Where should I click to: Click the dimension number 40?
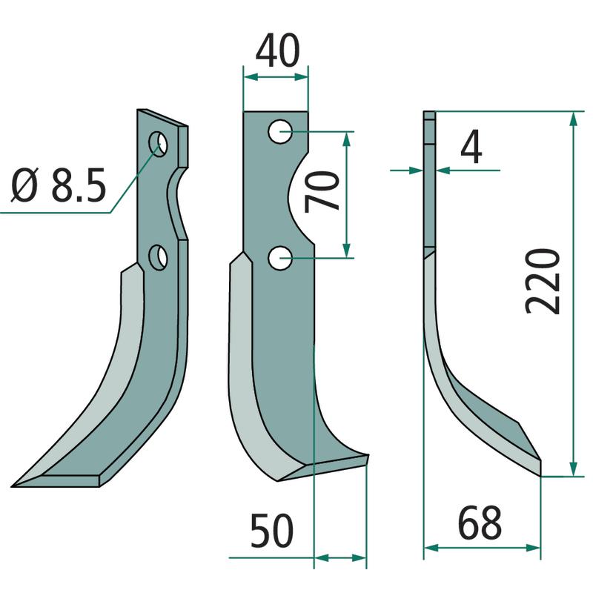[278, 50]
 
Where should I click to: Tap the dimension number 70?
[322, 192]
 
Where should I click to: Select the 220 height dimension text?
[543, 282]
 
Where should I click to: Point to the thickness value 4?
[471, 147]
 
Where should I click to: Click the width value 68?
[480, 523]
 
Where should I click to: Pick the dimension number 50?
[272, 531]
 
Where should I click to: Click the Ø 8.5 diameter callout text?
[59, 185]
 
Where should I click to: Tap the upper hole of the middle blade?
[280, 132]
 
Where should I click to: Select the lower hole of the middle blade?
[280, 258]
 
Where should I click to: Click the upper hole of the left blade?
[158, 144]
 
